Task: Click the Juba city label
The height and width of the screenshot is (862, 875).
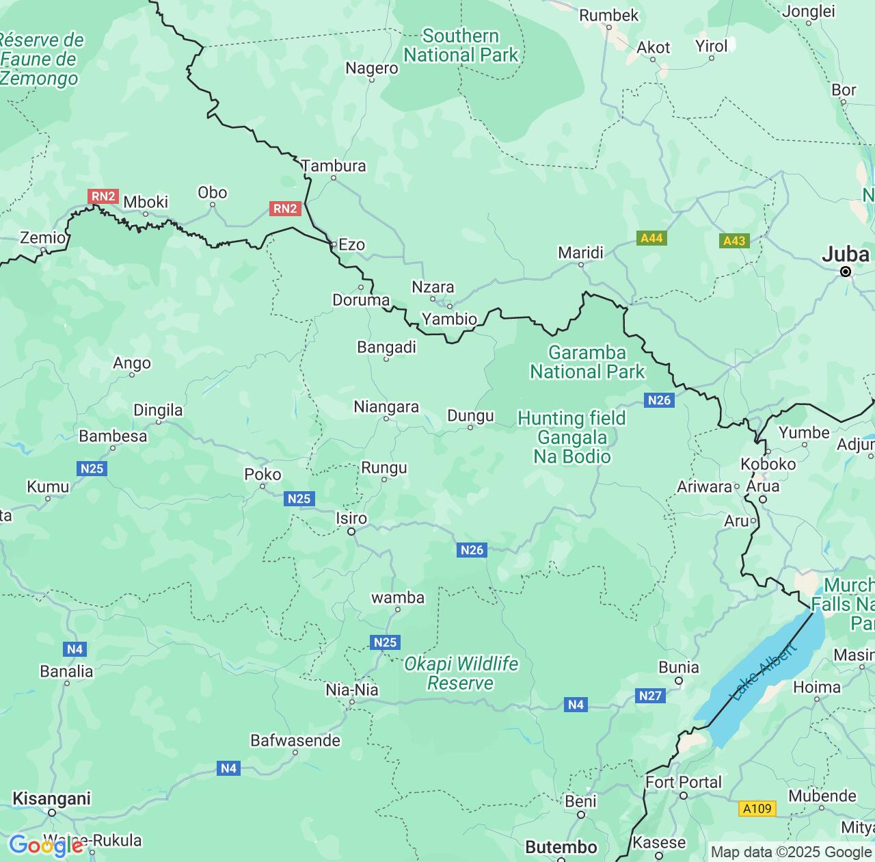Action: (845, 254)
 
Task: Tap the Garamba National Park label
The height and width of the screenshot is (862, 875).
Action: (587, 363)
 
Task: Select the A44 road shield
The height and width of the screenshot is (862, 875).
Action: (651, 238)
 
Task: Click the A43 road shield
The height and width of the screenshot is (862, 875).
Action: (734, 241)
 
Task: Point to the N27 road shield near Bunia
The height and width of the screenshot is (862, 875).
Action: (649, 696)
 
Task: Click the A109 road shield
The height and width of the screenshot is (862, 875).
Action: (757, 809)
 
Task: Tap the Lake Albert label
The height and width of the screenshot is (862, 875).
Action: (764, 672)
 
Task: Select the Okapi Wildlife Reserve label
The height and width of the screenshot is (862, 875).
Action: (461, 674)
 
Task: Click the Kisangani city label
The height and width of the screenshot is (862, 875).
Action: (51, 799)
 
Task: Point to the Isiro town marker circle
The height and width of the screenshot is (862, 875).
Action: (351, 532)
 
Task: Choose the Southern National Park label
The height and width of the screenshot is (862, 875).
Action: (461, 46)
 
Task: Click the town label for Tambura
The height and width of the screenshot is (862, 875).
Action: (334, 166)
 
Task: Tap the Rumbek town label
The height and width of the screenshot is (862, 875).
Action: (608, 15)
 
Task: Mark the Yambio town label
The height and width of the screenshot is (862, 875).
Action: (449, 319)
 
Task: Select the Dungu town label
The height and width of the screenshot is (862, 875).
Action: (470, 416)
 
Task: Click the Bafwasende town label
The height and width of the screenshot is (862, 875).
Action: (295, 740)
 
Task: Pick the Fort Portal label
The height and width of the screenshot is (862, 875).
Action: (684, 782)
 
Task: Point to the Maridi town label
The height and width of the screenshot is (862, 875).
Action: (580, 253)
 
